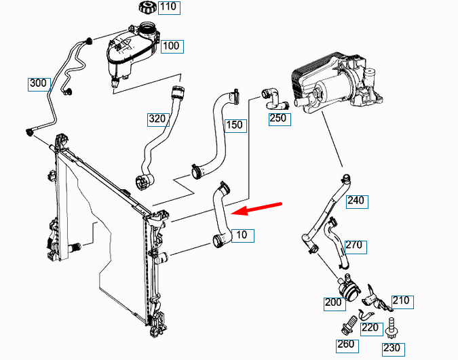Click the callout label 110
[x=169, y=8]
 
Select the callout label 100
[x=172, y=46]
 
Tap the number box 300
[x=39, y=84]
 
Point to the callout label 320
[x=158, y=120]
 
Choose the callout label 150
[x=235, y=126]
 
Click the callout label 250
[x=280, y=119]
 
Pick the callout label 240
[x=357, y=202]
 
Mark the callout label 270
[x=356, y=247]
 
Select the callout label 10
[x=243, y=236]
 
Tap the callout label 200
[x=335, y=304]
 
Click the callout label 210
[x=402, y=302]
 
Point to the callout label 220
[x=372, y=329]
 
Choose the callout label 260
[x=347, y=346]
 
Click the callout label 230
[x=394, y=349]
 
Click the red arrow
[x=256, y=208]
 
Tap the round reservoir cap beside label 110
[x=148, y=7]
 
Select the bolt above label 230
[x=391, y=328]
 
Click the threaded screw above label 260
[x=349, y=325]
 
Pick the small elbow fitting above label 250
[x=274, y=98]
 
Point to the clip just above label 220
[x=366, y=314]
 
